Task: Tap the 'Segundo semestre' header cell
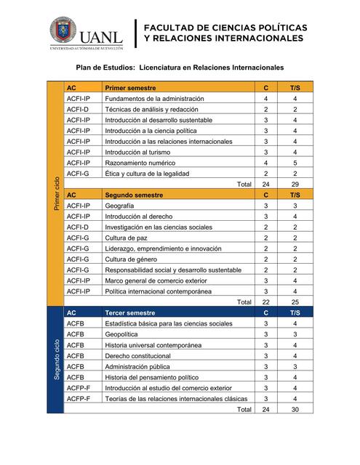(134, 195)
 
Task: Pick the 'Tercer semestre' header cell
(130, 312)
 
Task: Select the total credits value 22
(265, 302)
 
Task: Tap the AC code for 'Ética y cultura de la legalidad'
(77, 174)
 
